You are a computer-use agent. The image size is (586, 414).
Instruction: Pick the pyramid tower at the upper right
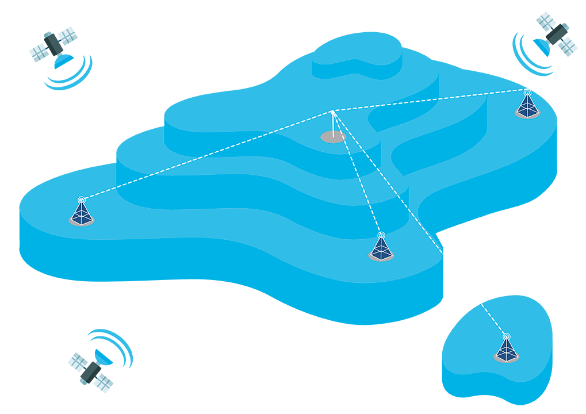527,107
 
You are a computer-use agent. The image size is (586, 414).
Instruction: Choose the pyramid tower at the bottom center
381,250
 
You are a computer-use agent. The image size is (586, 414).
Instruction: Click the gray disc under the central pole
333,137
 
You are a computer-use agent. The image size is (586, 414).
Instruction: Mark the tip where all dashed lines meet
333,111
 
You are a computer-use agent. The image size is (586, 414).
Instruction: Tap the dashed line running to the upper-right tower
431,99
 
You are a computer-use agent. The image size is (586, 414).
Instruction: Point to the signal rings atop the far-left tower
82,200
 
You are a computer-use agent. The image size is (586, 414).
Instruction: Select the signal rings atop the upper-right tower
527,91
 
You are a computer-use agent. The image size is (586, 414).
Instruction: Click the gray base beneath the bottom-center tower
381,259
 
